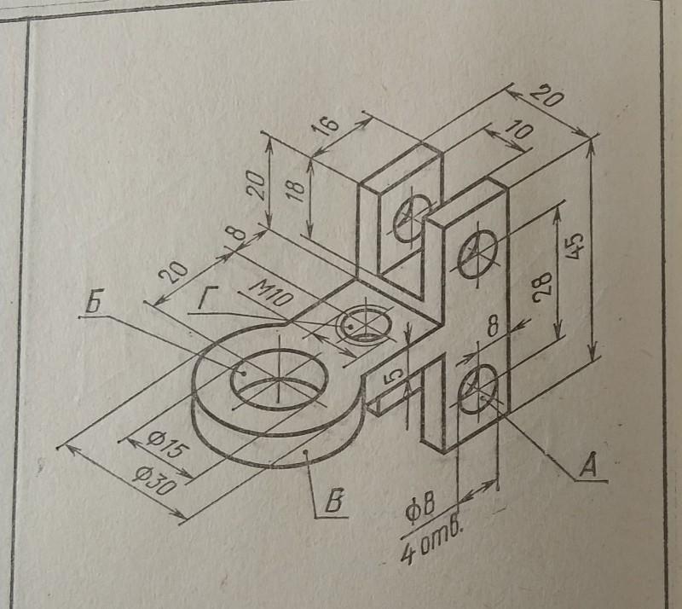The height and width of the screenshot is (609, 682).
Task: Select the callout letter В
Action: pos(335,502)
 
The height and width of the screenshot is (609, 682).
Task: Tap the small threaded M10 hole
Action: pos(362,324)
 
